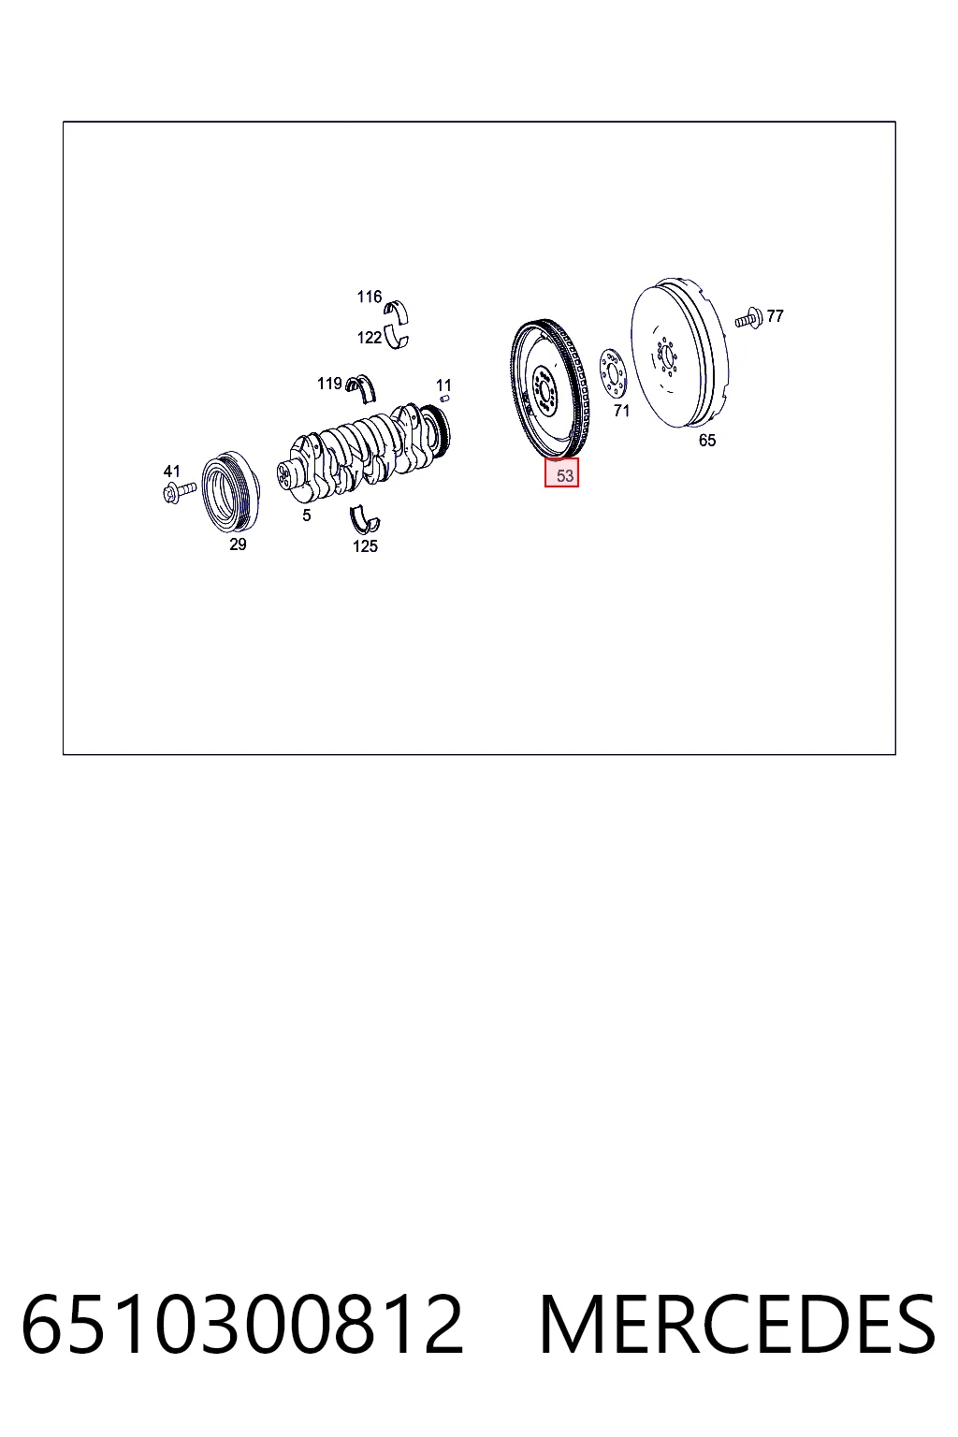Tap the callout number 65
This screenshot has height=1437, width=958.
pyautogui.click(x=706, y=440)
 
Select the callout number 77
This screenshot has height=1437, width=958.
pyautogui.click(x=775, y=315)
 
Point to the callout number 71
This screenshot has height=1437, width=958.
pyautogui.click(x=621, y=411)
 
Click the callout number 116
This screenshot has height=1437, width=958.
pyautogui.click(x=369, y=297)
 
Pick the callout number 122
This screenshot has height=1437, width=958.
pyautogui.click(x=369, y=338)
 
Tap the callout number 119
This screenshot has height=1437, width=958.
pyautogui.click(x=329, y=384)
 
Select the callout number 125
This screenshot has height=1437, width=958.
pyautogui.click(x=365, y=546)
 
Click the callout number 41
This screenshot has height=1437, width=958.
pyautogui.click(x=171, y=472)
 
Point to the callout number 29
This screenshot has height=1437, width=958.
pyautogui.click(x=238, y=544)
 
